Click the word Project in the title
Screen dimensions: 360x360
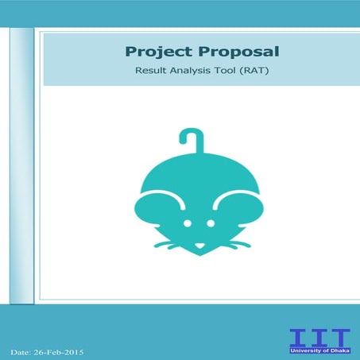pos(155,52)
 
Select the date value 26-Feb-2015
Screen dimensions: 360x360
pos(60,350)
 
